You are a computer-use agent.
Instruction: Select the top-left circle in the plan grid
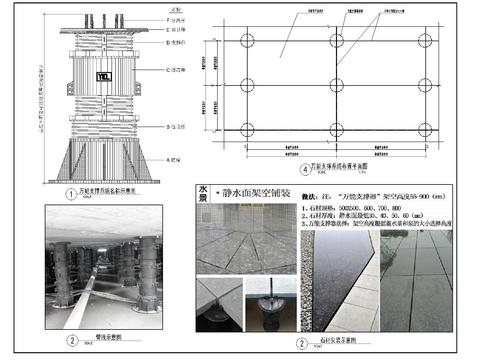[x=248, y=45]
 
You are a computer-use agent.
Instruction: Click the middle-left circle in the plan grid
[x=248, y=86]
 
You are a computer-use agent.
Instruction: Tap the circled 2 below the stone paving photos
[x=301, y=343]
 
